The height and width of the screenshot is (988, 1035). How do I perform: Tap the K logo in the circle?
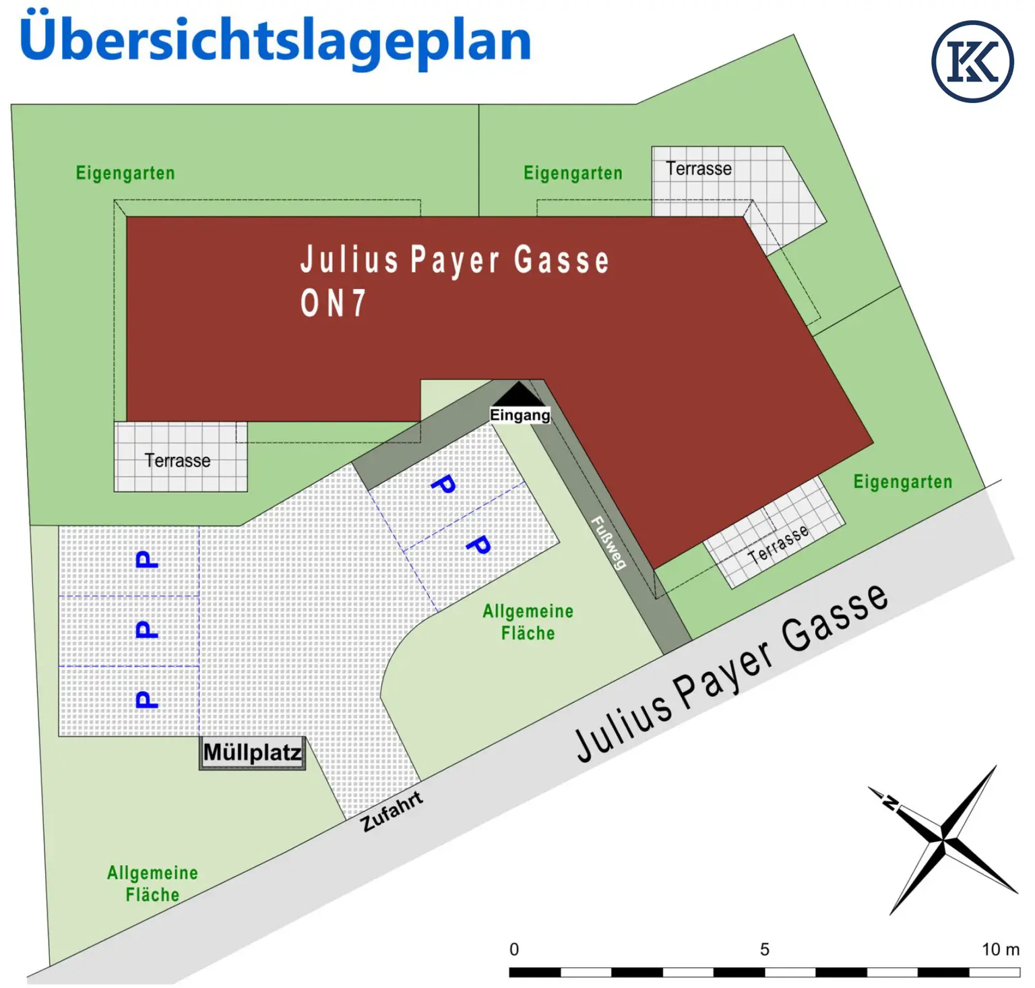point(972,61)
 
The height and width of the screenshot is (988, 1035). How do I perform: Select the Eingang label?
point(520,415)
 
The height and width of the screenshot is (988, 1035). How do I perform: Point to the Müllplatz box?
point(253,752)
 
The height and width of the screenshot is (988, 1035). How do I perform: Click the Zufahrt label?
point(391,811)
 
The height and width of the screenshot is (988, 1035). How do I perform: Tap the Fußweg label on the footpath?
point(608,543)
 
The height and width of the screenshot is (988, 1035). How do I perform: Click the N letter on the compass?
point(890,802)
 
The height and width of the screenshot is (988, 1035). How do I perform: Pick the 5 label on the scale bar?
point(764,950)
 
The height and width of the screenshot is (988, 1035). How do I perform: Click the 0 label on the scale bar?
point(514,950)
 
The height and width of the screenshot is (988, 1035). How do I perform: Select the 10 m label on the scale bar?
point(1000,950)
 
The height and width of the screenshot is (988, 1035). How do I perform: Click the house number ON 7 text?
point(334,303)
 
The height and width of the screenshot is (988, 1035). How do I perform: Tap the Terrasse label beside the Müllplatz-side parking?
point(177,461)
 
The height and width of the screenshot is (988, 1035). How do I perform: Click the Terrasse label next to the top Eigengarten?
point(699,168)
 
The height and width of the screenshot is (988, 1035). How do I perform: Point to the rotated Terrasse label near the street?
point(778,545)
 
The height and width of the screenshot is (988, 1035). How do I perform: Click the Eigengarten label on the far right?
point(902,482)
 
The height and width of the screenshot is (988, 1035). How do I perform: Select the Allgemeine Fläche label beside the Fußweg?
point(528,622)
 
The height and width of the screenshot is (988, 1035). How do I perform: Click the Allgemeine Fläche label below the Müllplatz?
point(152,884)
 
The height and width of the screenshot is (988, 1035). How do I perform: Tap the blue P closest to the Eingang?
point(443,484)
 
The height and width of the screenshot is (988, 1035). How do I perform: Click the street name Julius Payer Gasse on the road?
point(731,674)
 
